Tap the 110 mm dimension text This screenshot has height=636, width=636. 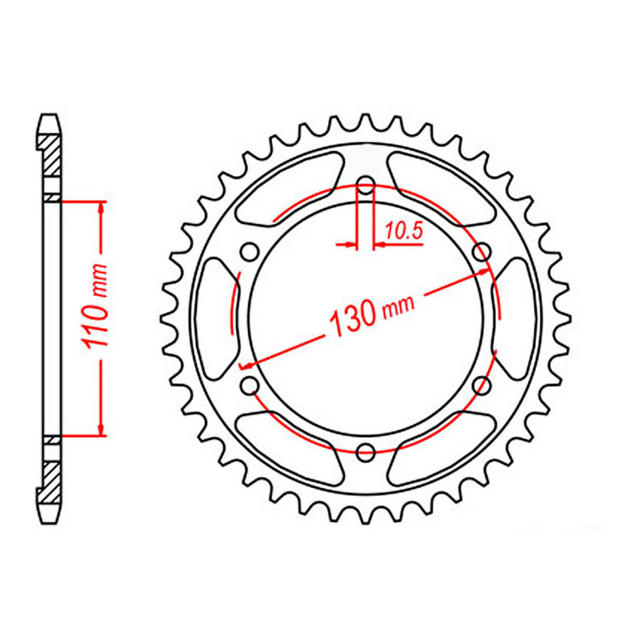[x=98, y=319]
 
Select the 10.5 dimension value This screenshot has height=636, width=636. [x=403, y=232]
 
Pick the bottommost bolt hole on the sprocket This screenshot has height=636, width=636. [x=366, y=452]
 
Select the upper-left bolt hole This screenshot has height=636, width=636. [x=250, y=252]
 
